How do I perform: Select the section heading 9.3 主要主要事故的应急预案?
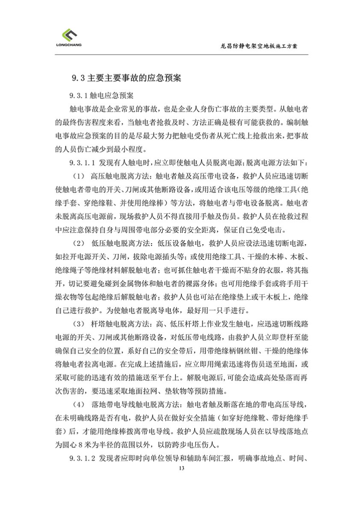(x=126, y=78)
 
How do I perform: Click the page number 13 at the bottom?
(x=181, y=468)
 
